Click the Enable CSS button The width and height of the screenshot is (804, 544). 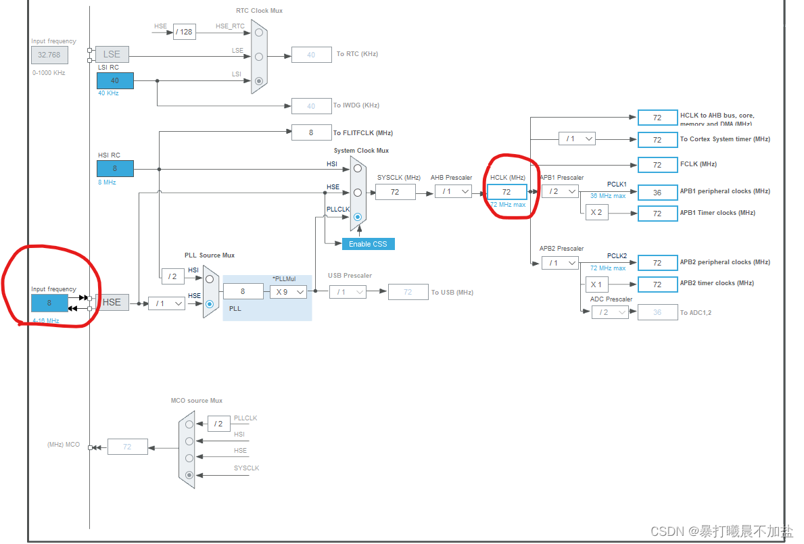pos(368,243)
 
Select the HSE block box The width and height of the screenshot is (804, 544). pos(112,302)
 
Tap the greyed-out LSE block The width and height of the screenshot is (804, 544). pos(112,54)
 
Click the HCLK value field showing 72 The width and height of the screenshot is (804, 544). pos(506,192)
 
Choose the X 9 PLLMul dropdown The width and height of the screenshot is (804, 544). pos(288,292)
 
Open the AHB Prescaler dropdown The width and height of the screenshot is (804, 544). pos(453,191)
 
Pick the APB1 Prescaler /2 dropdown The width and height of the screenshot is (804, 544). pos(560,191)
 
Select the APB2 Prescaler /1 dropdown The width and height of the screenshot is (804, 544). pos(560,262)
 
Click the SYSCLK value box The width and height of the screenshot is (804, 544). pos(395,192)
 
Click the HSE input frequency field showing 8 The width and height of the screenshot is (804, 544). pos(49,303)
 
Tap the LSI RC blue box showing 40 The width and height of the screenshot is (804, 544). pos(115,80)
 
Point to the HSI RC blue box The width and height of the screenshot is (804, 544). pos(115,168)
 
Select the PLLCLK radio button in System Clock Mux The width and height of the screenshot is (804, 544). pos(358,217)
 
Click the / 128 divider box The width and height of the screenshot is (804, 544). pos(184,32)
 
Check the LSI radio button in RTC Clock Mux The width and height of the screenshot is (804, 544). pos(258,80)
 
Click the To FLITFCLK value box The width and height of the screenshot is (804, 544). pos(311,132)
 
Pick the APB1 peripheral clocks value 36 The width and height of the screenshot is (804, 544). pos(657,192)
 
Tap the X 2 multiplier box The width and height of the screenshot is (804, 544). pos(596,213)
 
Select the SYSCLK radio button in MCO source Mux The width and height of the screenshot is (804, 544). pos(189,475)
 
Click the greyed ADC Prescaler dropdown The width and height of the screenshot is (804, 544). pos(609,312)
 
